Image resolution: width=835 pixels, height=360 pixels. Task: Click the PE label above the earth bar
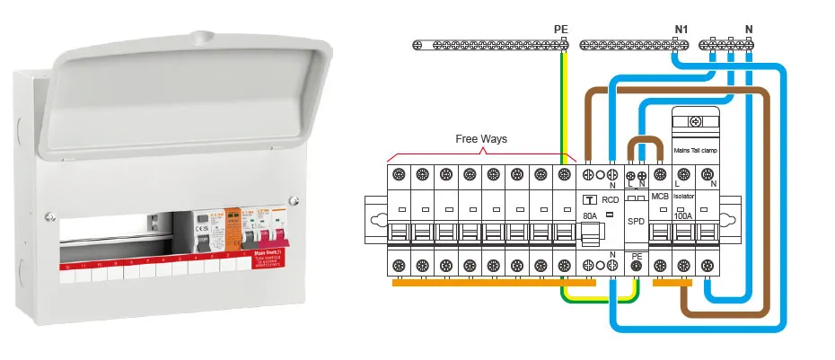561,30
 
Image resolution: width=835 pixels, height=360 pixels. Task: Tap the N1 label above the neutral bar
681,30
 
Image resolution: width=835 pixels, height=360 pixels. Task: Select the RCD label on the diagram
611,200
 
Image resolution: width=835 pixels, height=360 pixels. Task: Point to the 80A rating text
590,216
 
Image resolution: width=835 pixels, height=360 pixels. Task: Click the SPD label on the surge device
636,221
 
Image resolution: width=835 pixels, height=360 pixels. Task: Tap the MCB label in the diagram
660,195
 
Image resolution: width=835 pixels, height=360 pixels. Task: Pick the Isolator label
684,195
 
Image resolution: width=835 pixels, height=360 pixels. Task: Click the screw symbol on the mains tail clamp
695,120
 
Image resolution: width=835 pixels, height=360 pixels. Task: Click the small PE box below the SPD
636,255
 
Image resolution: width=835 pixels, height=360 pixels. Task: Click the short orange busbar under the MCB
672,286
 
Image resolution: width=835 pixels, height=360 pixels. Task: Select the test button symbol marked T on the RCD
590,200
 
